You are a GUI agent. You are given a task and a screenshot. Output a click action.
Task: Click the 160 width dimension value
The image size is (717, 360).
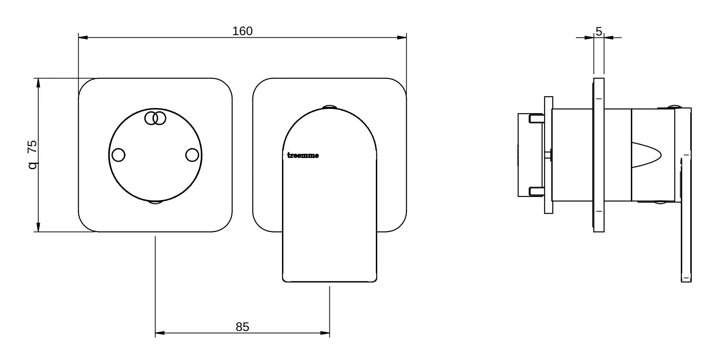242,31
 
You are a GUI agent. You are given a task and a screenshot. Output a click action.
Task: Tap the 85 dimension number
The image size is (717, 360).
242,327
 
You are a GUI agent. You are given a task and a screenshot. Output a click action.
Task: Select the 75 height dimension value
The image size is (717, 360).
33,147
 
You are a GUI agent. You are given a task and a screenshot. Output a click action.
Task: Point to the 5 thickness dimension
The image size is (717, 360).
599,31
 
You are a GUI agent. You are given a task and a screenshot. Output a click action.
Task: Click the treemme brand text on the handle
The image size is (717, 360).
303,156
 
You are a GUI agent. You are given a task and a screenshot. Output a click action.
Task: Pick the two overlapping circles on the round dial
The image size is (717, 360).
155,118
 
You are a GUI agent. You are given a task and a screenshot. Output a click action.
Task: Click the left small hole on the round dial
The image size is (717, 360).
119,155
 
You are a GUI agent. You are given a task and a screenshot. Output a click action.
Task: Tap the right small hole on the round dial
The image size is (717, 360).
192,155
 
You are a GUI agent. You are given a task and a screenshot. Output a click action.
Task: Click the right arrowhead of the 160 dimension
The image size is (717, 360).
402,38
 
